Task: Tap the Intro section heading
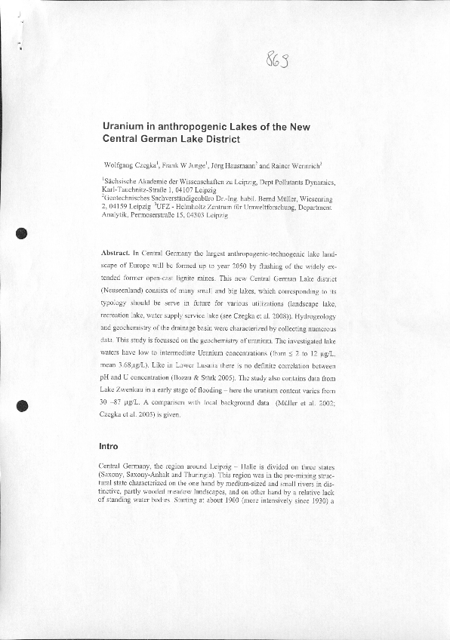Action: tap(109, 447)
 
